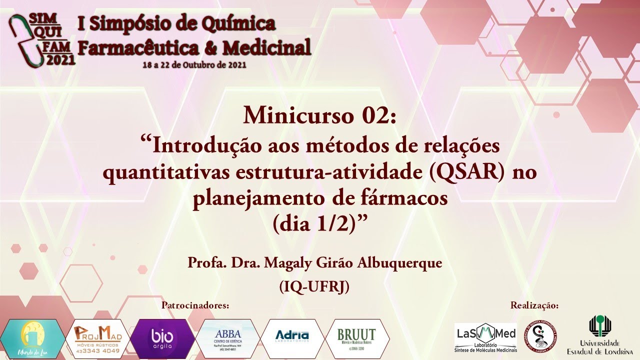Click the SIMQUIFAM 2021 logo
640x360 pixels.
point(42,39)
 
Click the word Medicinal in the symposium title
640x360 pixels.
point(267,48)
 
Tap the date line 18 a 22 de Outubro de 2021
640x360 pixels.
point(194,65)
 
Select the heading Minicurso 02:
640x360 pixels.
point(319,116)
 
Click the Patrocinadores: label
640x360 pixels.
point(196,305)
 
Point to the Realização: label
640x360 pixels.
point(534,305)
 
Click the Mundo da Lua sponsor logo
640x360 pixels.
point(32,338)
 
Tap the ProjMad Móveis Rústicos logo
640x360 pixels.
point(98,338)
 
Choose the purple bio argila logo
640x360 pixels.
point(162,338)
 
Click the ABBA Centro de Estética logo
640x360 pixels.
point(228,338)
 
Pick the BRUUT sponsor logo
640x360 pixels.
point(356,338)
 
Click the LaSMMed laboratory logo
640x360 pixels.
point(485,337)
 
